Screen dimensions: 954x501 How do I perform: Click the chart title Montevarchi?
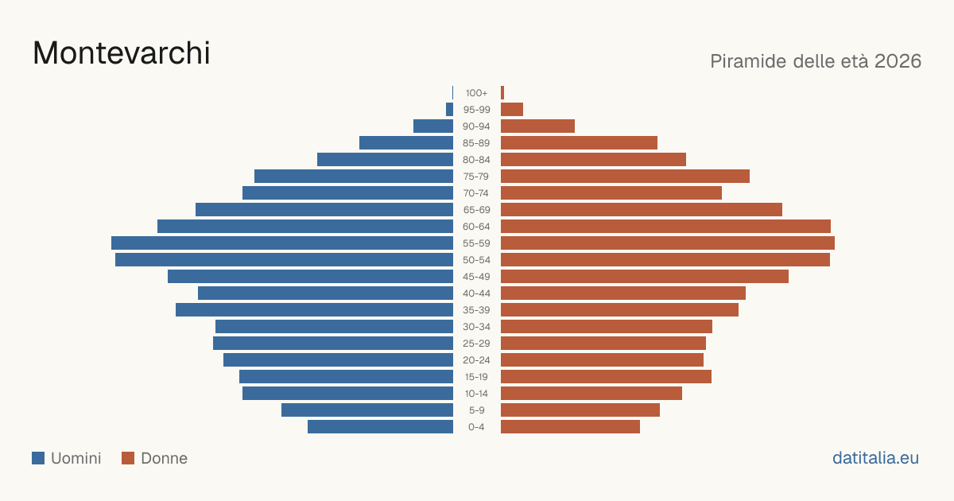(x=122, y=53)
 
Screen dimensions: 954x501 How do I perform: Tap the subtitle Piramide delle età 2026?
(x=816, y=61)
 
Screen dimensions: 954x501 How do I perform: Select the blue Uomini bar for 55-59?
(x=282, y=243)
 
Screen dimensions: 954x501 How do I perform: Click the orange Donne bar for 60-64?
(x=665, y=227)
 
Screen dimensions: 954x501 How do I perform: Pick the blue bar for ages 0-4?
(x=380, y=427)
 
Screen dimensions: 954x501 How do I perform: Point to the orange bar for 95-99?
(x=512, y=110)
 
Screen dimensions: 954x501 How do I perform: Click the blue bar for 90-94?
(x=433, y=126)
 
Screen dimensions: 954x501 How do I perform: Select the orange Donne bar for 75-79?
(x=625, y=177)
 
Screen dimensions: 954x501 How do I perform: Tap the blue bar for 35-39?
(x=314, y=310)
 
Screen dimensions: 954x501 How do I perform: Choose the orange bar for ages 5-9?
(x=580, y=410)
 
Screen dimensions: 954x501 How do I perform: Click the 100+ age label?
(x=476, y=93)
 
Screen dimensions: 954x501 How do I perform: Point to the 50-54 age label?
(x=476, y=260)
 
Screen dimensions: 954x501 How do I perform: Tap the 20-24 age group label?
(x=476, y=360)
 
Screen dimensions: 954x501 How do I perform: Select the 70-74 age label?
(x=476, y=193)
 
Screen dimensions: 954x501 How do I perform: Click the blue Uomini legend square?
(x=38, y=458)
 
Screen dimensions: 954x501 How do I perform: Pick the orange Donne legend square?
(x=128, y=458)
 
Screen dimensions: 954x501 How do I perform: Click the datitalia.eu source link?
(x=875, y=458)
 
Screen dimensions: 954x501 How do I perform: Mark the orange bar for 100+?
(x=502, y=93)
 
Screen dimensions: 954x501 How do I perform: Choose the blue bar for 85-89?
(x=406, y=142)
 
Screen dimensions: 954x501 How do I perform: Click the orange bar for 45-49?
(x=645, y=277)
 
